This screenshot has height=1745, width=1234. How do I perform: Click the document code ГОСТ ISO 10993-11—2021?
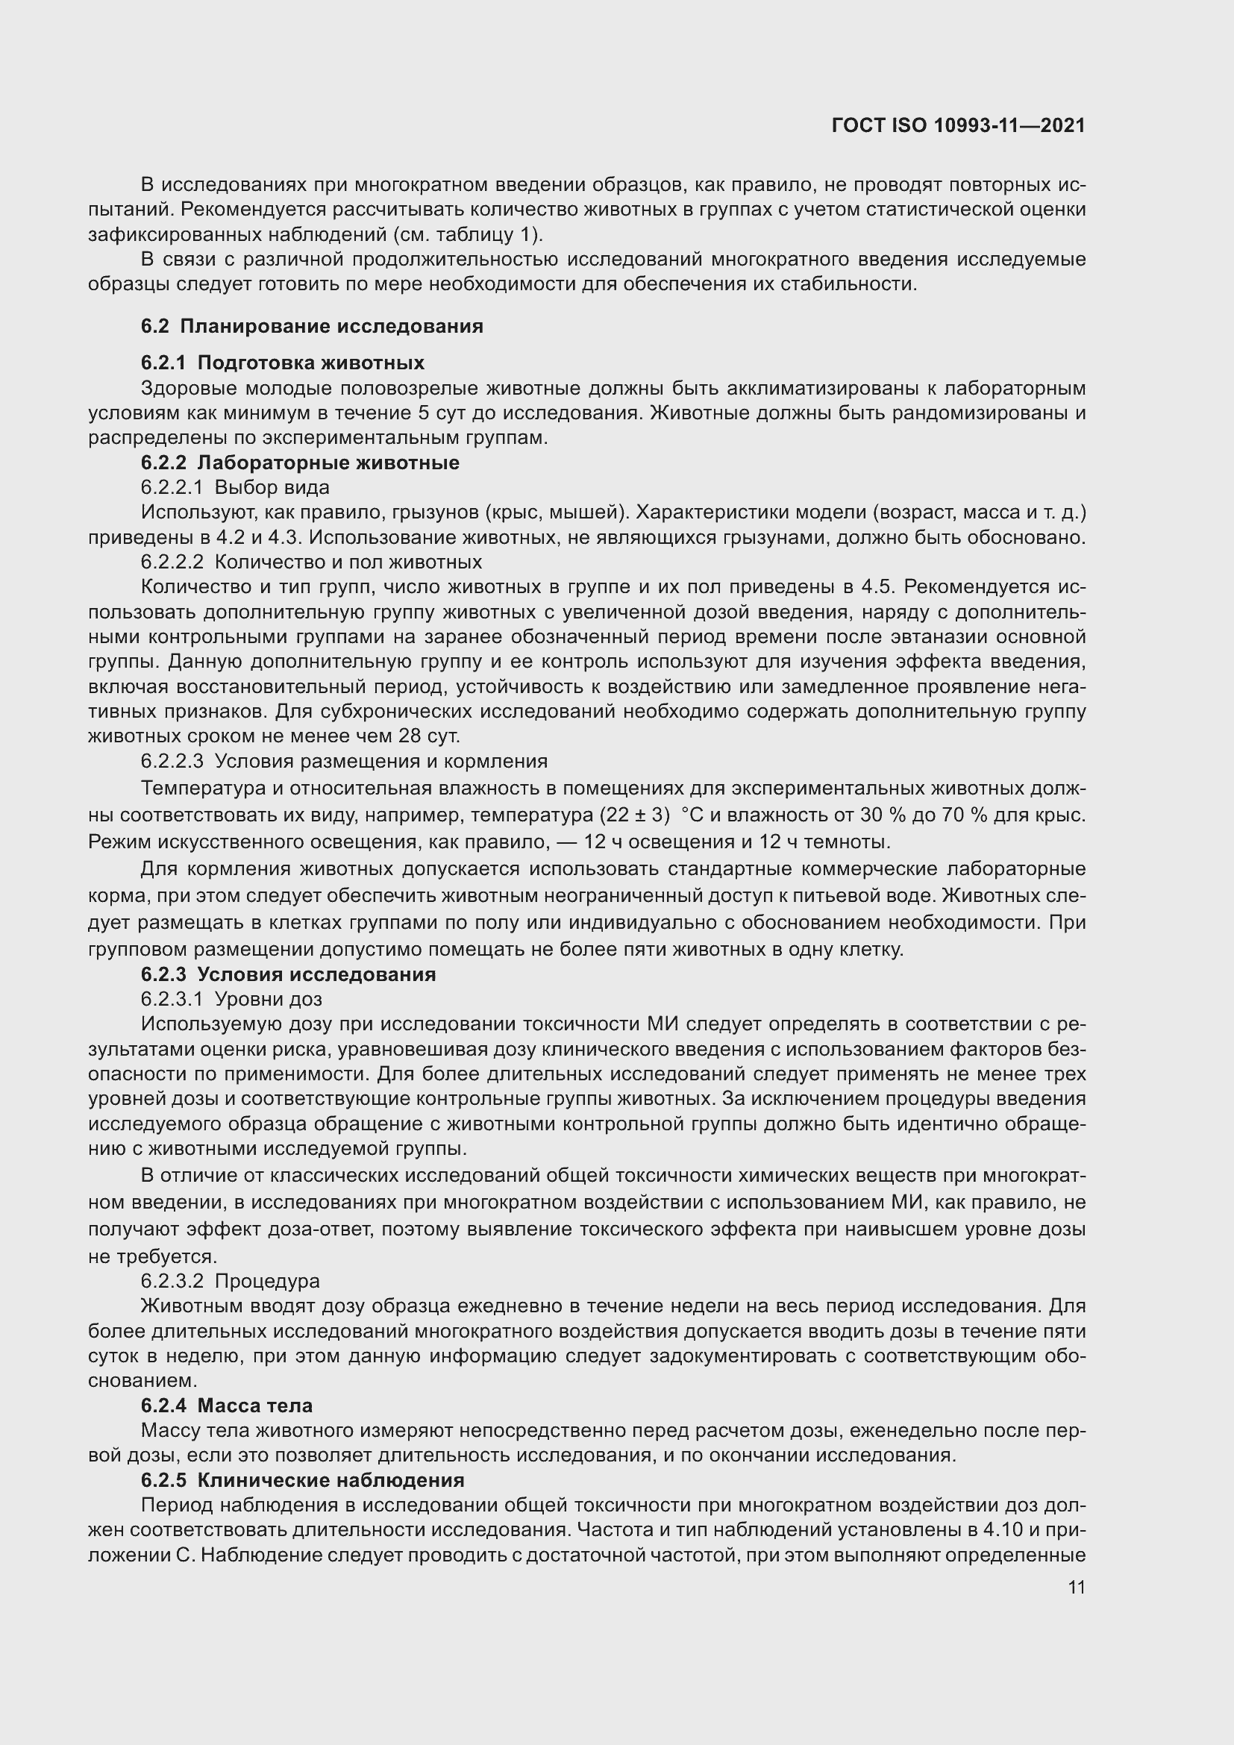tap(958, 125)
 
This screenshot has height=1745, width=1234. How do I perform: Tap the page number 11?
tap(1076, 1587)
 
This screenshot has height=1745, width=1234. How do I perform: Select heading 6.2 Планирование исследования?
tap(312, 327)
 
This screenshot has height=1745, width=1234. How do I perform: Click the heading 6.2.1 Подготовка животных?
tap(283, 363)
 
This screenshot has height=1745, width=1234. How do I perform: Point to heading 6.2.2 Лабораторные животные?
tap(300, 463)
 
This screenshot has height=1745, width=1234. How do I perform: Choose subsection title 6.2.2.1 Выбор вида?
tap(235, 487)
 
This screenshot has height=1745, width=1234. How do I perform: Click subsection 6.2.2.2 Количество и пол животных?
tap(312, 563)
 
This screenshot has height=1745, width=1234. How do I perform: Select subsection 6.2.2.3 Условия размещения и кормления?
tap(344, 762)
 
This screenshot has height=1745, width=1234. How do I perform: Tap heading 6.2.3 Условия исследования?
tap(289, 974)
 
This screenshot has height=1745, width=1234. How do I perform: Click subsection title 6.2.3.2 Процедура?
tap(231, 1281)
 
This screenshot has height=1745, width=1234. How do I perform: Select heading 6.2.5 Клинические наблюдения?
tap(302, 1479)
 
